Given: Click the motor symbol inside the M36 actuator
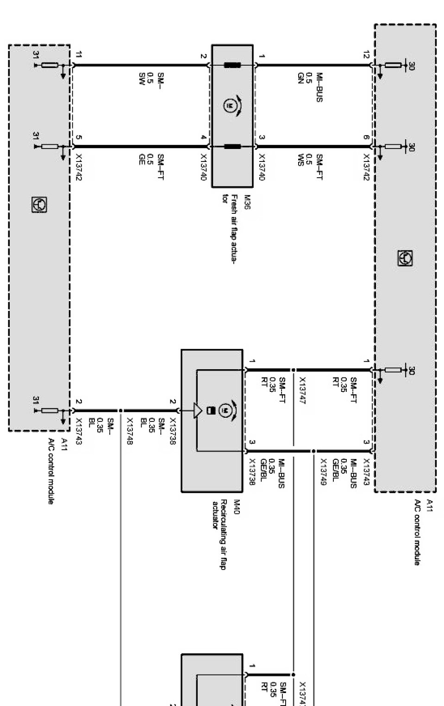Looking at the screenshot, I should coord(228,106).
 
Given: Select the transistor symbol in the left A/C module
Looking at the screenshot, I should coord(39,204).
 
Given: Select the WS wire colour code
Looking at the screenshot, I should coord(300,160).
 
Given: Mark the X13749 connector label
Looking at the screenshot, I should coord(324,471).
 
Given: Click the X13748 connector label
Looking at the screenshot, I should coord(130,431).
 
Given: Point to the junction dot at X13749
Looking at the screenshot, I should coord(313,451).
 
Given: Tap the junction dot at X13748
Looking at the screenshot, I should coord(120,410).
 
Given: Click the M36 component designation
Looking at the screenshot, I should coord(247,202).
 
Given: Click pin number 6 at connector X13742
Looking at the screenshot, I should coord(366,137).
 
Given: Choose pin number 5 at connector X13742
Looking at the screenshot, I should coord(79,137).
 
